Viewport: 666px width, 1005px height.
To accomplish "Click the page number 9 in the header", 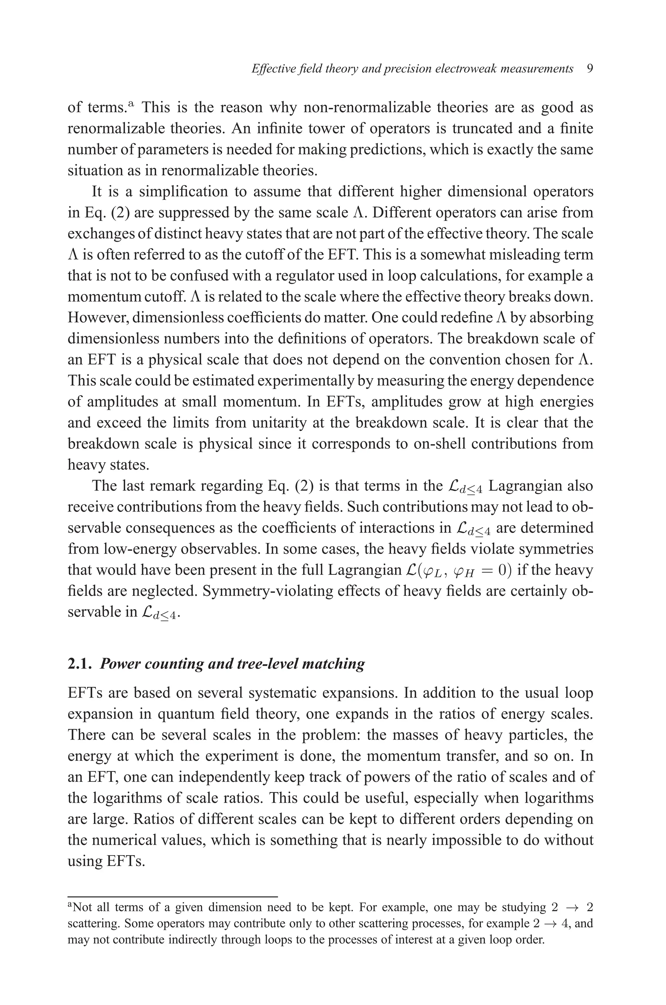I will point(589,69).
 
